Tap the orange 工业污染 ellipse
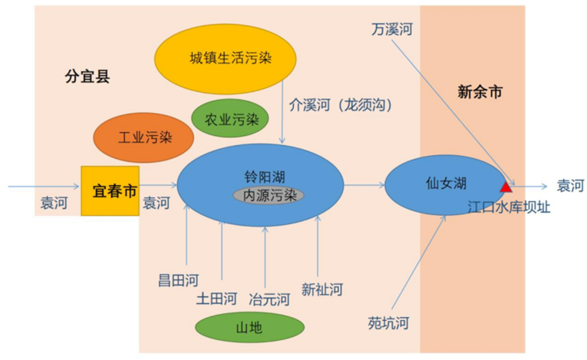137,137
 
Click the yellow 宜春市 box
110,190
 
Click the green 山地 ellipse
249,329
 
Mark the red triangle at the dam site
506,186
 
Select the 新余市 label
480,93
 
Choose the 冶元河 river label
269,298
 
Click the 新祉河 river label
322,289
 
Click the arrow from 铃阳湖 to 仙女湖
364,184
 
